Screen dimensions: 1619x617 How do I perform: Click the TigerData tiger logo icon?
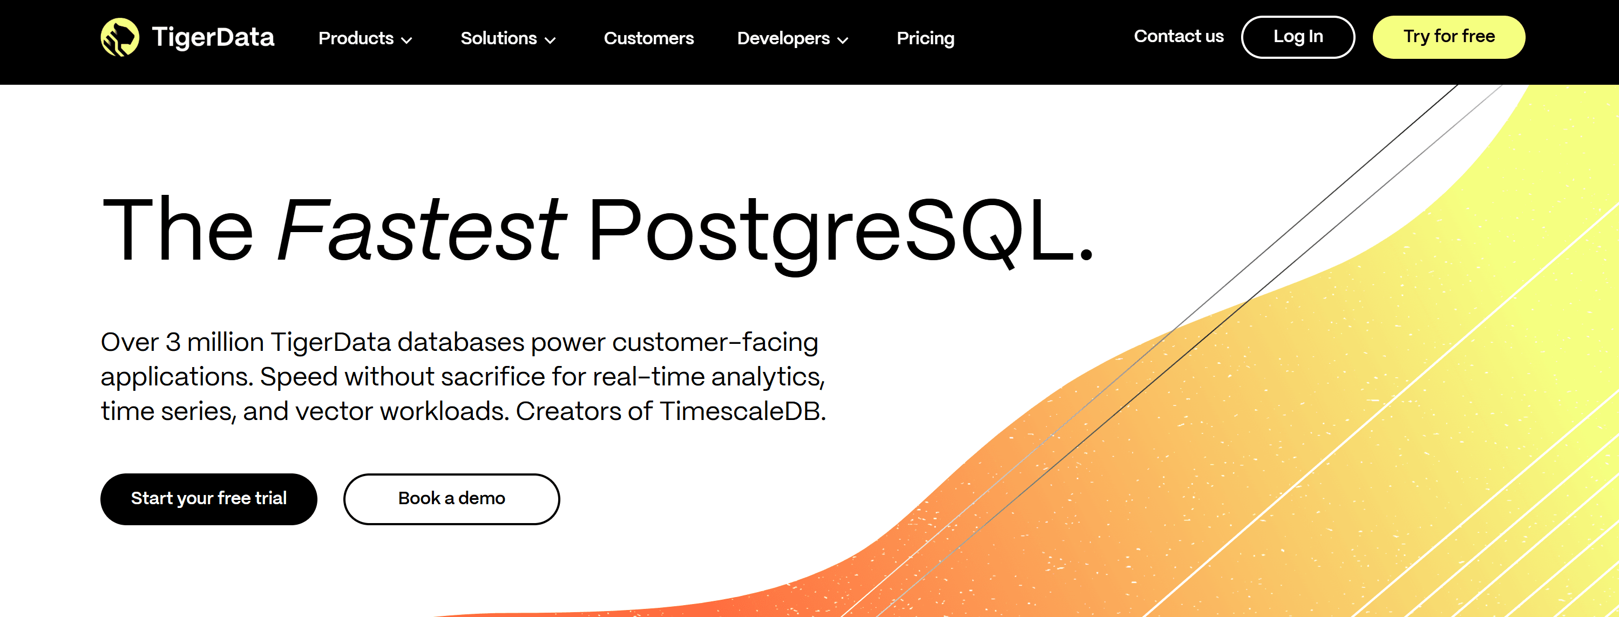[120, 37]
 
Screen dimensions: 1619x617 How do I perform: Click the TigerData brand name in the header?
[213, 37]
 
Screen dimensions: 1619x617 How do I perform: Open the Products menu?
[365, 38]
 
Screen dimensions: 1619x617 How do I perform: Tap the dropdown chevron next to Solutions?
[550, 40]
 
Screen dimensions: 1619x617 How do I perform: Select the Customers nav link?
[648, 38]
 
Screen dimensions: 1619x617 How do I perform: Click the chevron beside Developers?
[843, 40]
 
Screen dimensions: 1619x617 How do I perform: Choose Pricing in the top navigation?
[925, 38]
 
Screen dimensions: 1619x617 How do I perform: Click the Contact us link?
[1178, 37]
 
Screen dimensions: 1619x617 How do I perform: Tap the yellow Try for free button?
[1448, 37]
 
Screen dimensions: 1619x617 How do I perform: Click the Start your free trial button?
[209, 499]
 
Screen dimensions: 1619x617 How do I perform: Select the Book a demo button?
[451, 499]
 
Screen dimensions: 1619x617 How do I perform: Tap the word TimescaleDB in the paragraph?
[742, 411]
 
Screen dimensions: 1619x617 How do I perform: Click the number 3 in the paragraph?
[173, 342]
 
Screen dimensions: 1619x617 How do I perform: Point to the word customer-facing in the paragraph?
[715, 342]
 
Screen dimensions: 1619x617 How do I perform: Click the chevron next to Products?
[407, 40]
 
